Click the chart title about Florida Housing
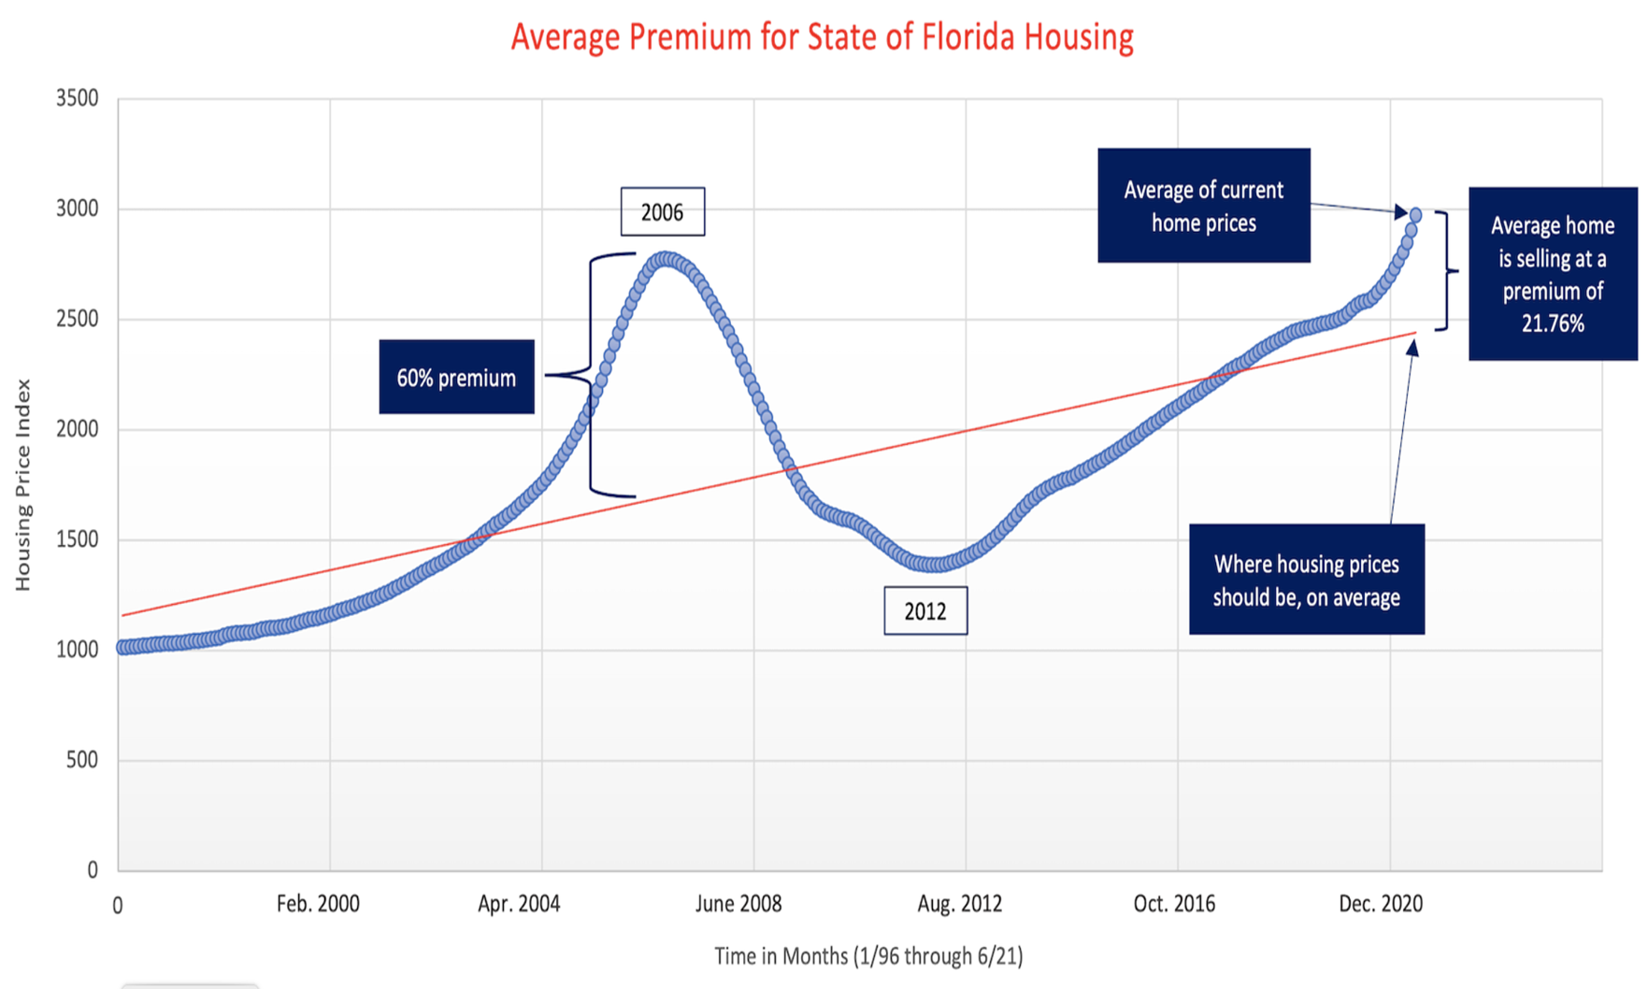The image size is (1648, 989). click(822, 37)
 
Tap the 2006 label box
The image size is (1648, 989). click(662, 212)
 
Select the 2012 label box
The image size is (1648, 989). click(925, 611)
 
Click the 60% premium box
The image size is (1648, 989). click(456, 377)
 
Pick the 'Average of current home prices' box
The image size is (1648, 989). click(1203, 206)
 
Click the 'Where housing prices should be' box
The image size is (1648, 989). click(1306, 580)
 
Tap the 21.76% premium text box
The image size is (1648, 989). click(1552, 274)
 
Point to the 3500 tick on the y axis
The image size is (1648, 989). click(77, 98)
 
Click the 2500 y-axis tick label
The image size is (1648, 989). click(77, 319)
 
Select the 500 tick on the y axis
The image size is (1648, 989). click(81, 760)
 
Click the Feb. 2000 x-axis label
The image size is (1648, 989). click(318, 904)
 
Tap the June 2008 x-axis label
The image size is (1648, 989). click(738, 904)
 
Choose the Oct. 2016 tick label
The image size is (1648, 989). click(1174, 904)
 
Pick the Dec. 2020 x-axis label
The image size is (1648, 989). click(1381, 904)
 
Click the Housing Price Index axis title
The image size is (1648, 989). click(23, 484)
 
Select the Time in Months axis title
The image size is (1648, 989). click(868, 956)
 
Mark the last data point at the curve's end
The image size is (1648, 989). click(1415, 215)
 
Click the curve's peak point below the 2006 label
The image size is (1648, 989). click(665, 259)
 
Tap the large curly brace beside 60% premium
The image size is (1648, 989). click(591, 374)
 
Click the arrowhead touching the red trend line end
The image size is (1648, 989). click(1412, 348)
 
